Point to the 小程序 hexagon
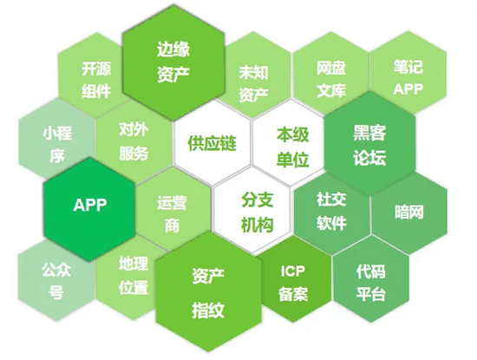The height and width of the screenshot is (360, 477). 54,144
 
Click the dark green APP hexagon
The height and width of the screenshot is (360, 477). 89,206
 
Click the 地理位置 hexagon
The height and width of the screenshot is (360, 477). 134,276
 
